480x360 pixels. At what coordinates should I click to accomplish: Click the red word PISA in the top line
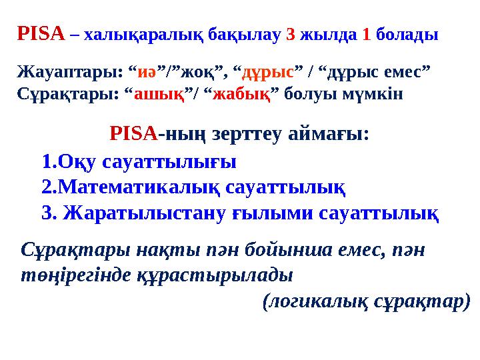click(x=40, y=33)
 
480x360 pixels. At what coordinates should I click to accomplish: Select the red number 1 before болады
click(x=366, y=35)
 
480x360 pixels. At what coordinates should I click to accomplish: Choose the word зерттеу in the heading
click(x=245, y=135)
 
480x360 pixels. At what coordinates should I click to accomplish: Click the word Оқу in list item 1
click(x=77, y=162)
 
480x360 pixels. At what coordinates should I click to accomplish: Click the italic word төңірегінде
click(x=63, y=274)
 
